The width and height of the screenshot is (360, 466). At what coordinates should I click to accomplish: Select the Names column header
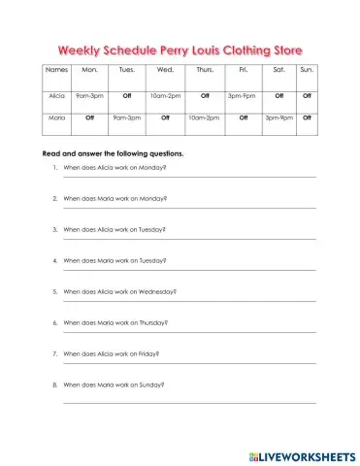pyautogui.click(x=56, y=71)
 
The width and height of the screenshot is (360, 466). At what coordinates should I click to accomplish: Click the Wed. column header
pyautogui.click(x=165, y=71)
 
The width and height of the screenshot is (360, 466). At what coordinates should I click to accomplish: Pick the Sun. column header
pyautogui.click(x=307, y=71)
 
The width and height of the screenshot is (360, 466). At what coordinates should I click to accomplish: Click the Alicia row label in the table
pyautogui.click(x=56, y=96)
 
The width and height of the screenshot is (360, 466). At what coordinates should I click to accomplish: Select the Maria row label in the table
pyautogui.click(x=56, y=117)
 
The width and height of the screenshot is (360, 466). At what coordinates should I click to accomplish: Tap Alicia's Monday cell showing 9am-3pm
pyautogui.click(x=90, y=96)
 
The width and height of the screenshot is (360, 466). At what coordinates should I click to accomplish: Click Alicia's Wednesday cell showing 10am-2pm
pyautogui.click(x=165, y=96)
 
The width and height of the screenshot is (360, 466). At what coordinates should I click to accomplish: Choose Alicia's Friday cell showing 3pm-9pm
pyautogui.click(x=242, y=96)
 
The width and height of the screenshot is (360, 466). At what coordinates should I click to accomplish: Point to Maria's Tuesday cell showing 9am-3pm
pyautogui.click(x=127, y=117)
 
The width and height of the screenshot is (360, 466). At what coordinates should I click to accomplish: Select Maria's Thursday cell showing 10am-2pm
pyautogui.click(x=204, y=117)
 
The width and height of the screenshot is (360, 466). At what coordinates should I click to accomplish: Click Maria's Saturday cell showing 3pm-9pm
pyautogui.click(x=278, y=117)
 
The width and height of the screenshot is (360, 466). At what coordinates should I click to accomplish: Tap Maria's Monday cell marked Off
pyautogui.click(x=90, y=117)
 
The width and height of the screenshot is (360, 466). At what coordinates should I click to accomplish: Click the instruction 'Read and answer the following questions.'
pyautogui.click(x=114, y=153)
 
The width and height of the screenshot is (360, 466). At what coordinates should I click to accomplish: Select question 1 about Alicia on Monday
pyautogui.click(x=114, y=168)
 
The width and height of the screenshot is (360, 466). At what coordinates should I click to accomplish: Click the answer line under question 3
pyautogui.click(x=189, y=240)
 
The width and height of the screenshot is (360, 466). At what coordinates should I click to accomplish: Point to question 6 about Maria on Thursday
pyautogui.click(x=115, y=322)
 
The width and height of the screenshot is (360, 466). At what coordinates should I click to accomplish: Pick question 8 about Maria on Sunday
pyautogui.click(x=114, y=384)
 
